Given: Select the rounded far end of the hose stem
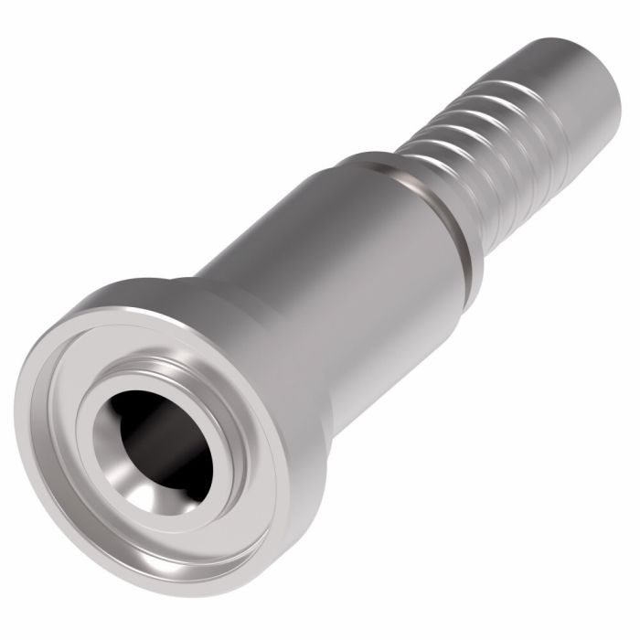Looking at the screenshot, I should click(599, 69).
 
